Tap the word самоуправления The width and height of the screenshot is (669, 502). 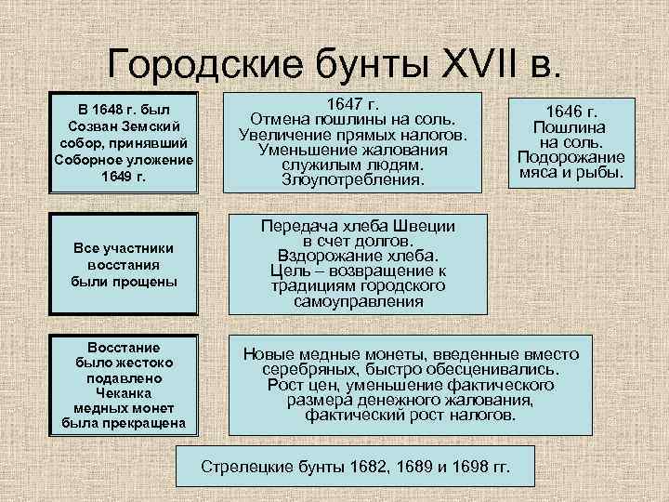pyautogui.click(x=359, y=301)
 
